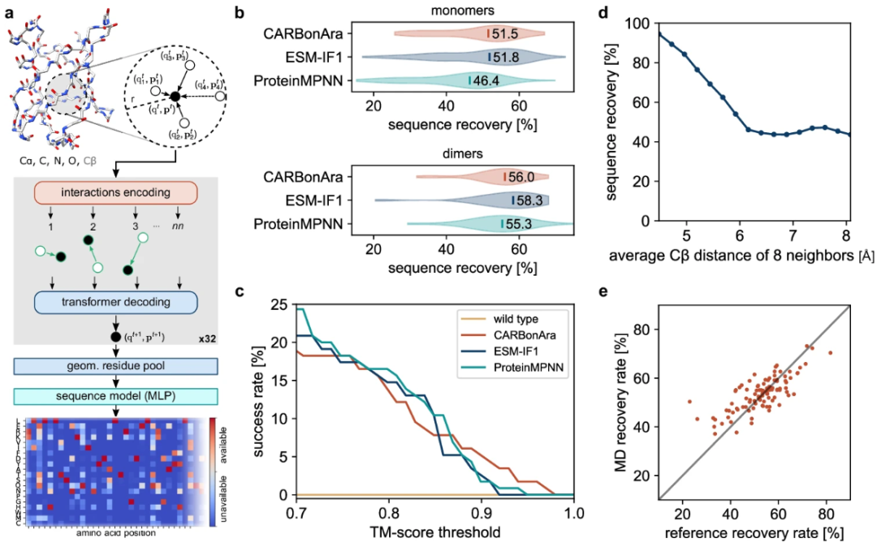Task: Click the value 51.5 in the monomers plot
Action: pyautogui.click(x=507, y=34)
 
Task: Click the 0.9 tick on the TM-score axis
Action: pyautogui.click(x=482, y=514)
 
